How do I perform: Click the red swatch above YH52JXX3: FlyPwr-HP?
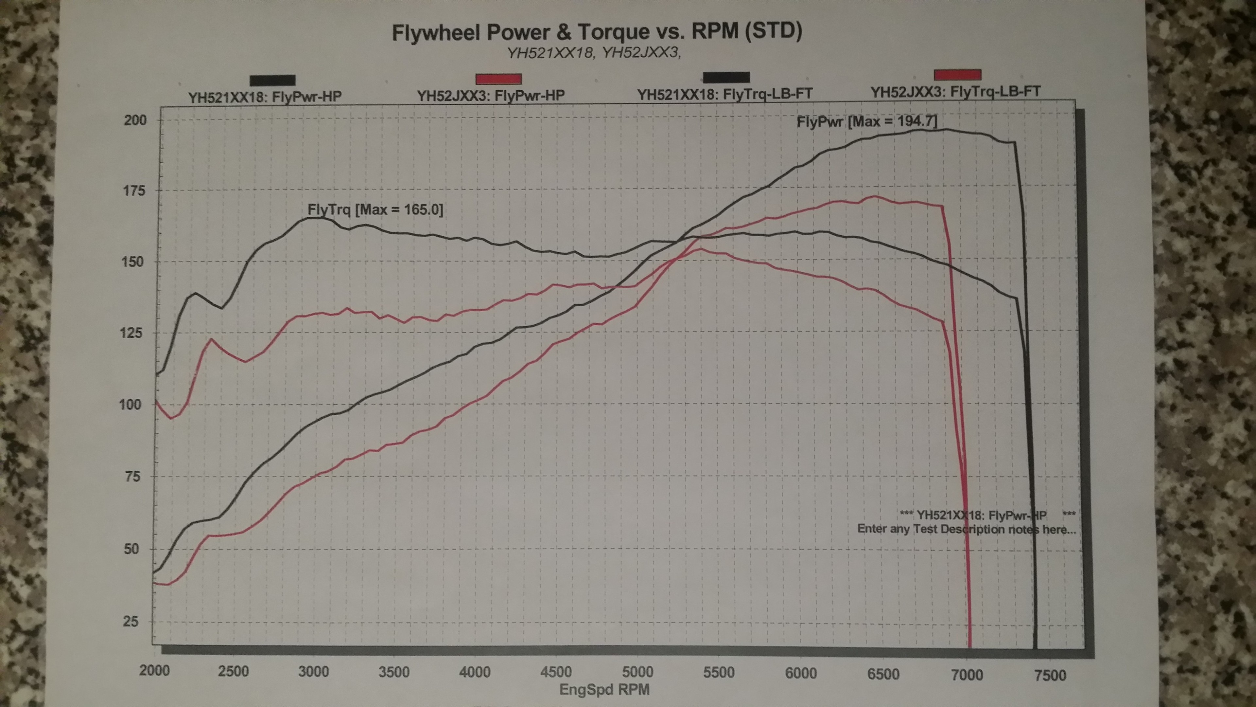tap(498, 79)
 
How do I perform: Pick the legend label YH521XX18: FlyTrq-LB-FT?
tap(724, 94)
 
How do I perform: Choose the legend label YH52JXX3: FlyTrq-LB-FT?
tap(956, 91)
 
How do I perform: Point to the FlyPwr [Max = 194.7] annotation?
tap(866, 121)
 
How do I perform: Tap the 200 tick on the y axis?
tap(135, 120)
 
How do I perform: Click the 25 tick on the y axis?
tap(131, 622)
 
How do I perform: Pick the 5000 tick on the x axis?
tap(637, 672)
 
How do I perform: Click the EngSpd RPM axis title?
tap(604, 689)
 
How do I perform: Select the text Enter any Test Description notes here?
tap(967, 529)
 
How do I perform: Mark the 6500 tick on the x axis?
tap(883, 674)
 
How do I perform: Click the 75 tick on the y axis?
tap(132, 476)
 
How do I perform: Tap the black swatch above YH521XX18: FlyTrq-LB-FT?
tap(726, 77)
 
